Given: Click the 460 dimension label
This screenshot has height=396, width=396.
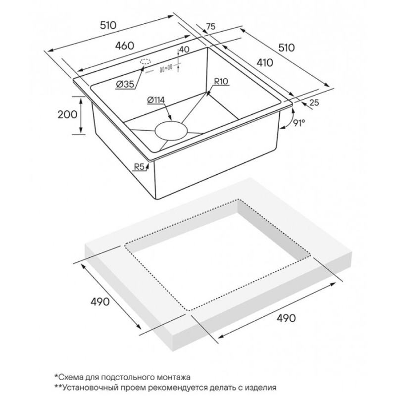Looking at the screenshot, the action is [125, 46].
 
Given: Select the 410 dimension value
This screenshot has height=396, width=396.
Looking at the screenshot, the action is [265, 62].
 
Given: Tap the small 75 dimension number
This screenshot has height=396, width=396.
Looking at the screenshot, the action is [211, 26].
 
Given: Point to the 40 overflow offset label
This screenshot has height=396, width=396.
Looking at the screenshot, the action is [184, 49].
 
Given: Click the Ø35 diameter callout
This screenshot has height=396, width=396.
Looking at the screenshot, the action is [125, 84].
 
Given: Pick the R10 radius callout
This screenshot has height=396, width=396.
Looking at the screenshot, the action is [221, 81].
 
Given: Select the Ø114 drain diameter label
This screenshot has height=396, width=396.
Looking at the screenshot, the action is [155, 100].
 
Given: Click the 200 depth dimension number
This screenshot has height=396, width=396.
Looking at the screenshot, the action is [67, 114].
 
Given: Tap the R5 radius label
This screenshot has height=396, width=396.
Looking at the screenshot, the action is [139, 167].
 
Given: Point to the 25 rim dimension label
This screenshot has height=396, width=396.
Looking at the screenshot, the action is [314, 102].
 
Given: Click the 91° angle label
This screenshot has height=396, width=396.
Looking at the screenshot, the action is [299, 123].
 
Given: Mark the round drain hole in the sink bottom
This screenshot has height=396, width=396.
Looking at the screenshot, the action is [171, 131].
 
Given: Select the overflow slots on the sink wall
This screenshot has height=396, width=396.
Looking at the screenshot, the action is [166, 68].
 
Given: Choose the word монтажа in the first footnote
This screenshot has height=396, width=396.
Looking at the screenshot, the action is [174, 378].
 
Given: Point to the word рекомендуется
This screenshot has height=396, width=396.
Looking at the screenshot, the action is [178, 388].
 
